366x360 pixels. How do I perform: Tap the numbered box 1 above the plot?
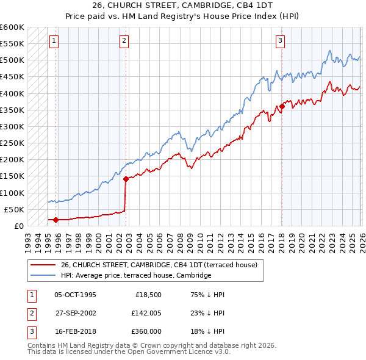54,41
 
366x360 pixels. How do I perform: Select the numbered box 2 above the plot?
124,41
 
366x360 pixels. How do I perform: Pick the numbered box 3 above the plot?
280,41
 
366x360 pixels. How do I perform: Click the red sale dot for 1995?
56,220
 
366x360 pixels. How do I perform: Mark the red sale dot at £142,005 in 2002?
126,179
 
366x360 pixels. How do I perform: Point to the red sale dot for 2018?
282,107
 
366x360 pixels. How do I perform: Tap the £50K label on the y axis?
15,209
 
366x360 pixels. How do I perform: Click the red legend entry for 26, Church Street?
159,265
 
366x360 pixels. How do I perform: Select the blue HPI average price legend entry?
135,275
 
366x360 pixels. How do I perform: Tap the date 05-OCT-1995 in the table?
75,295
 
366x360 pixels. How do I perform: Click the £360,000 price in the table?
145,331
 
